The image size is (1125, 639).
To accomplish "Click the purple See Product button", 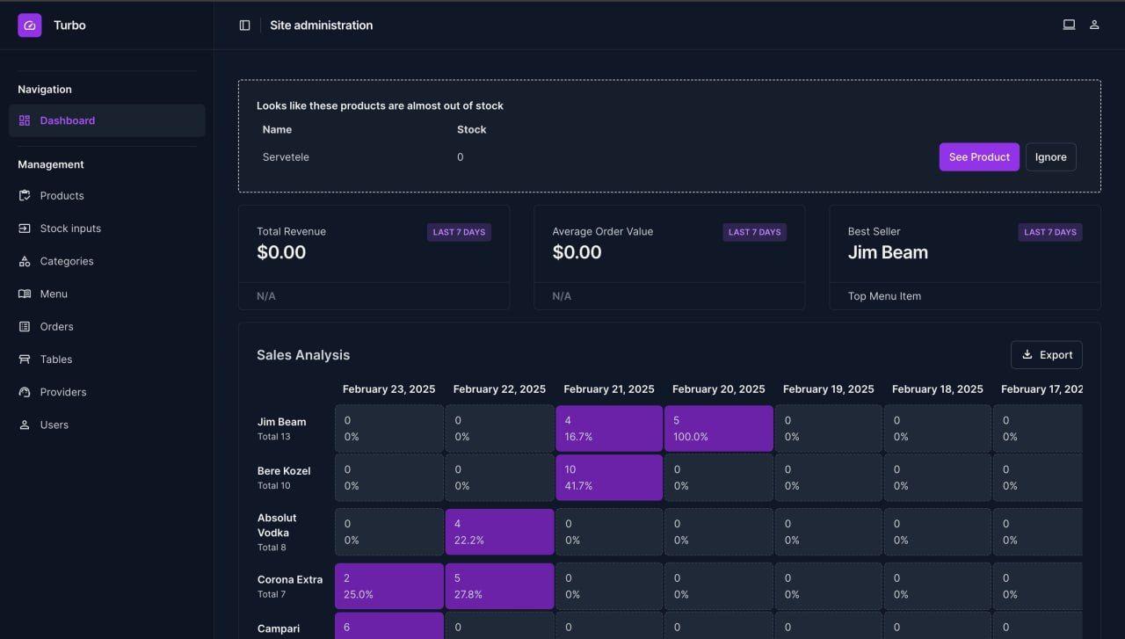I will coord(978,157).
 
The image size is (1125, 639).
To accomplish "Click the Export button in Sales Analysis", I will coord(1046,355).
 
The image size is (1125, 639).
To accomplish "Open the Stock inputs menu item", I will coord(69,229).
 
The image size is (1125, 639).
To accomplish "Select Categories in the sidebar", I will coord(66,261).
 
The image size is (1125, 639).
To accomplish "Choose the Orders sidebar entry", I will coord(56,327).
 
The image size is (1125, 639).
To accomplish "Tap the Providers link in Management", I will coord(62,392).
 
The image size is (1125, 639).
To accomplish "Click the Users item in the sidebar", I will coord(54,425).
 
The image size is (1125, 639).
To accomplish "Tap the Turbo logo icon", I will coord(30,25).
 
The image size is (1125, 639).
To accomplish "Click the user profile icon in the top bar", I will coord(1094,25).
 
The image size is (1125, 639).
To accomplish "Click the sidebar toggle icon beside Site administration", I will coord(245,25).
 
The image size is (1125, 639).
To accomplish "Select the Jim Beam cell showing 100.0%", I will coord(718,429).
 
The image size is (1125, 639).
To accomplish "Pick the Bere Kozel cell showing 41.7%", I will coord(608,477).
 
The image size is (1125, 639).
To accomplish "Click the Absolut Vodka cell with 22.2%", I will coord(499,532).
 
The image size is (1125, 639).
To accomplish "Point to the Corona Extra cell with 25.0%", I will coord(388,586).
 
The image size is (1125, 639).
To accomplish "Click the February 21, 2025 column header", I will coord(608,389).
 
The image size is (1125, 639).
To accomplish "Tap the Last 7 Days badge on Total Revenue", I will coord(459,232).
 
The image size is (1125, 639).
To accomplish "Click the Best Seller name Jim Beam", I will coord(888,253).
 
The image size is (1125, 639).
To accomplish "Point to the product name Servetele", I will coord(286,157).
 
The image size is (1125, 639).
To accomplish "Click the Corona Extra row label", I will coord(289,580).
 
